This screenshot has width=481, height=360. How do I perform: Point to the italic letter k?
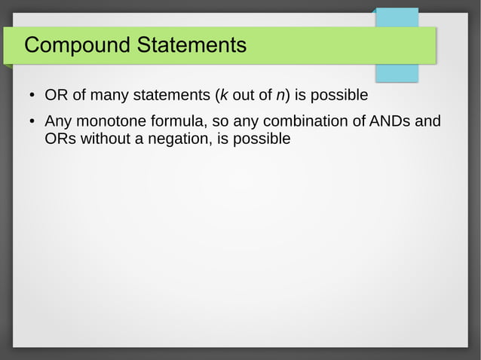(x=223, y=96)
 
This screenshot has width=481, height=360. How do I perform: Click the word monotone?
(x=111, y=121)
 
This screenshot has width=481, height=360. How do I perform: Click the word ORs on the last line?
(x=60, y=139)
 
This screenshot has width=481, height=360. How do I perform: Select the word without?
(x=106, y=139)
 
